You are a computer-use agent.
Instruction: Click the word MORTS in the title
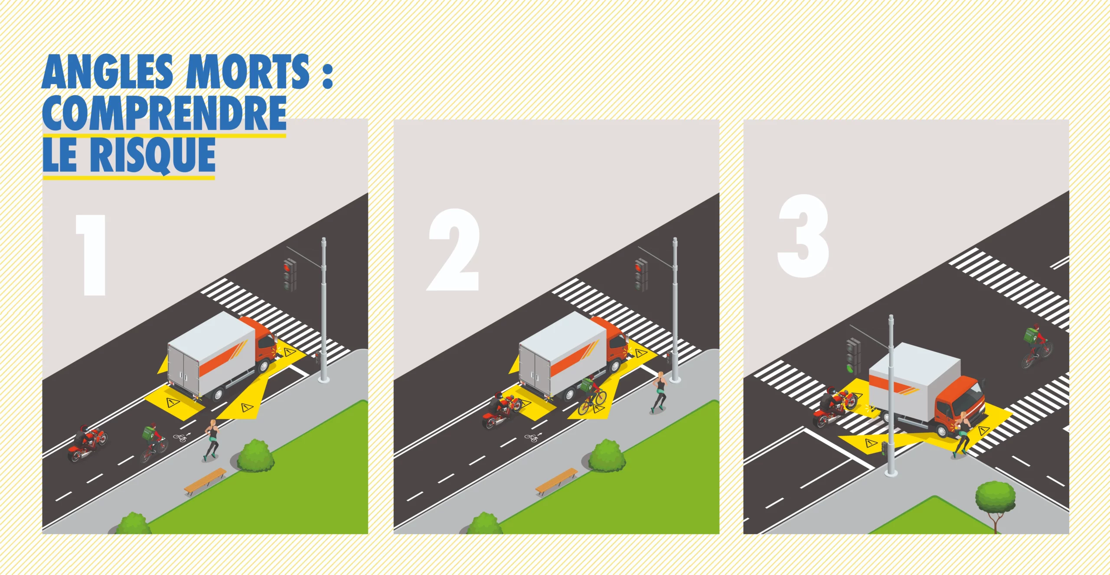point(248,71)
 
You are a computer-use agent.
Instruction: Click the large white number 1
point(91,255)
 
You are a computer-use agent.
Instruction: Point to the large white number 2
point(454,250)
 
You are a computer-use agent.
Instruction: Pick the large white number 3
point(803,236)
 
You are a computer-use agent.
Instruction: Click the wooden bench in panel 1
point(205,480)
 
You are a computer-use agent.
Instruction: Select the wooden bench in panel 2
point(557,480)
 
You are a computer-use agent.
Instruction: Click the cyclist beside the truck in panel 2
point(591,395)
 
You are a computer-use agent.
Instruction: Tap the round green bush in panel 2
point(607,456)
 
